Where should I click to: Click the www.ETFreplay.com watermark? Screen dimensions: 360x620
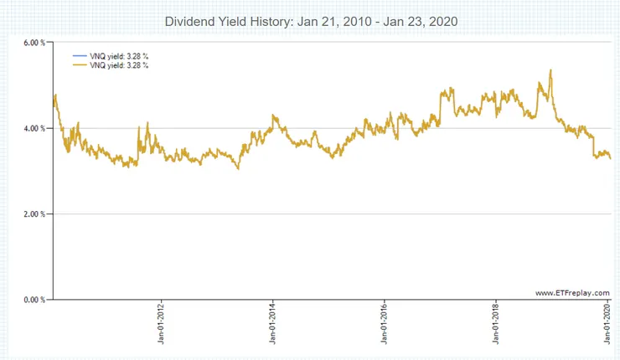coord(571,292)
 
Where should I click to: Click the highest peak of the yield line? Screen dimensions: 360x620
coord(550,70)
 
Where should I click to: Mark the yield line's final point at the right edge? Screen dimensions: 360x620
coord(610,158)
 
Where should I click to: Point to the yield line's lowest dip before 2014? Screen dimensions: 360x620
coord(238,168)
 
